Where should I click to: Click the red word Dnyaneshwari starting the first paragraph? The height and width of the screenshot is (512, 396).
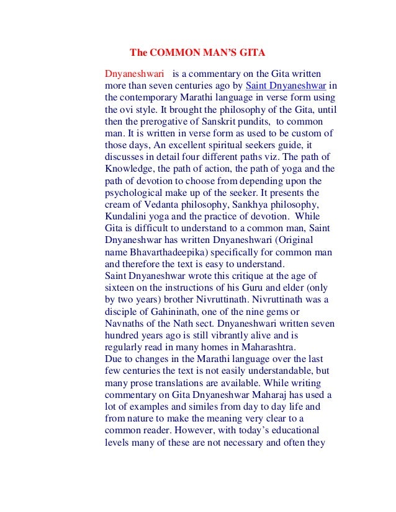(134, 73)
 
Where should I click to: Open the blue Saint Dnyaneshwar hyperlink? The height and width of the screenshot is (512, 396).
(286, 85)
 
